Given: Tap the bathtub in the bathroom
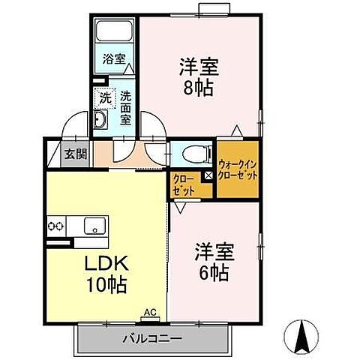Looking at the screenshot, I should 114,32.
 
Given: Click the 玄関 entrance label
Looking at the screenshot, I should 75,155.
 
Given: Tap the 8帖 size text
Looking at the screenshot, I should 199,88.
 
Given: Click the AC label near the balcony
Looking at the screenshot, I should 149,310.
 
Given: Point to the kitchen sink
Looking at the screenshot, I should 94,225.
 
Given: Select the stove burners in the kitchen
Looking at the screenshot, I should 56,225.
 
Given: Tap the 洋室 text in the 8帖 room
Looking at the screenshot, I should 199,67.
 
